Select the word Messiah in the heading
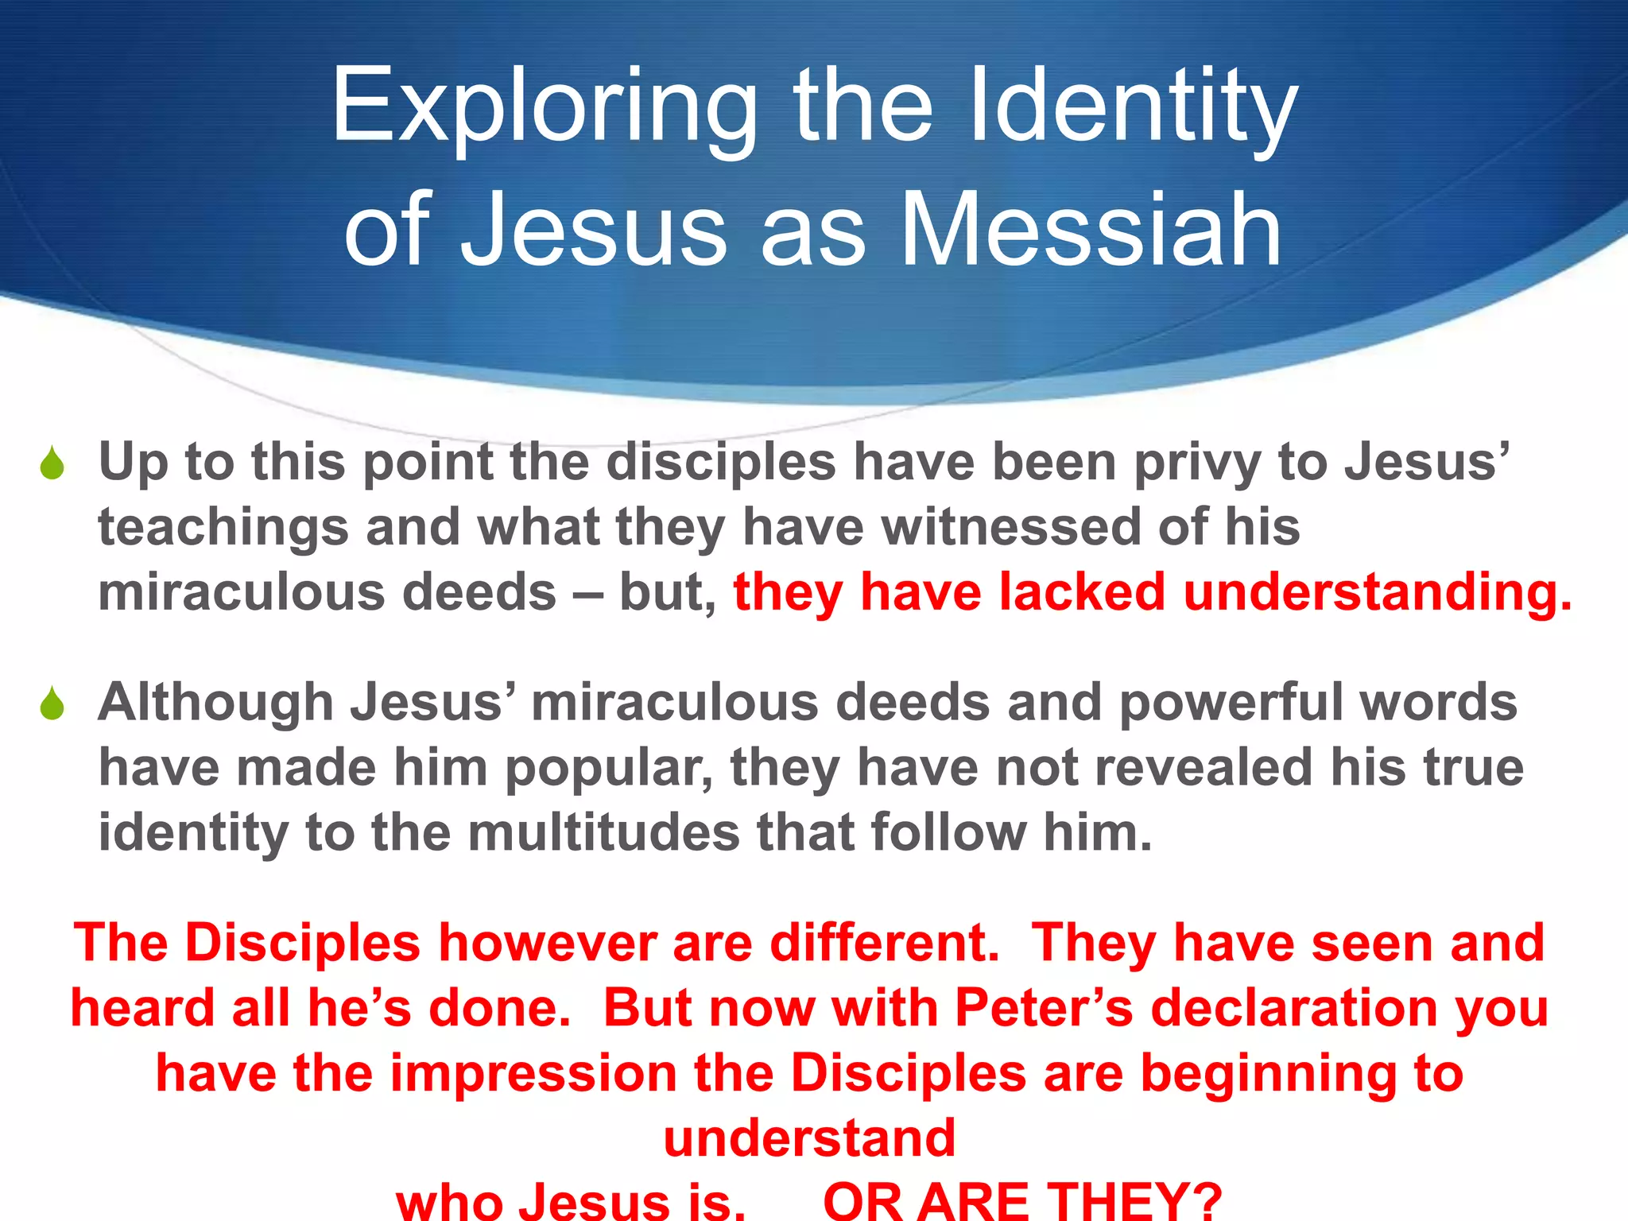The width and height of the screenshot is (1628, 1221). [1091, 231]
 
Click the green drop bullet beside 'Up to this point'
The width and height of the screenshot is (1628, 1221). [52, 463]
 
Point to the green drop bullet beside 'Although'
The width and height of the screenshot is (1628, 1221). [52, 703]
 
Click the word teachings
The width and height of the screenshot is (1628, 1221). [223, 528]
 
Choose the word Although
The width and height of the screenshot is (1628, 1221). [215, 703]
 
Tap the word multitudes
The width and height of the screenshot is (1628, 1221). [603, 833]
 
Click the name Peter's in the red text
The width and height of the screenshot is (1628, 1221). [1044, 1009]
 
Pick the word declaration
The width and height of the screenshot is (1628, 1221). [1294, 1009]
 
